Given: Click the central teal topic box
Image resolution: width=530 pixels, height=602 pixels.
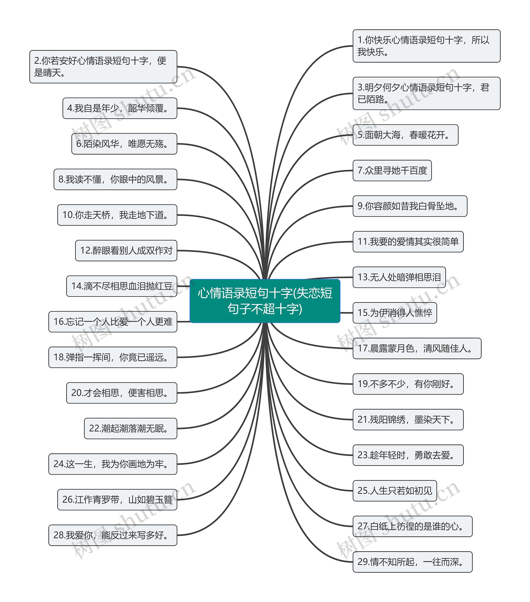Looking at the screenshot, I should pyautogui.click(x=265, y=301).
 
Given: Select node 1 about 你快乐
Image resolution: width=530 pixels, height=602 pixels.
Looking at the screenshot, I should pyautogui.click(x=426, y=46).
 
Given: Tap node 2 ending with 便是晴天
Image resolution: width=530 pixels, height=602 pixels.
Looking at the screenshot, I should pyautogui.click(x=103, y=67).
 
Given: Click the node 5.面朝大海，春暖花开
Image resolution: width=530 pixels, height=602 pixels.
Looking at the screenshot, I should pyautogui.click(x=405, y=135).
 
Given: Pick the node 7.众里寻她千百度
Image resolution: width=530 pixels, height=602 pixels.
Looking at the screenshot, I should pyautogui.click(x=392, y=171).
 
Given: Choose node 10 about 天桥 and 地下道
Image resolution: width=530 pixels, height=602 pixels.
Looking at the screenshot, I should pyautogui.click(x=117, y=215).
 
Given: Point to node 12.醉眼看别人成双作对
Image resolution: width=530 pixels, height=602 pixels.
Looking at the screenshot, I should pyautogui.click(x=126, y=251).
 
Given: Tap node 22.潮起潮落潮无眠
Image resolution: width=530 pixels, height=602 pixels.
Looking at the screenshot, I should pyautogui.click(x=130, y=429).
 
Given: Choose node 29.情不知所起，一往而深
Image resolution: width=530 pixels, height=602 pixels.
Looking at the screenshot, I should pyautogui.click(x=412, y=562).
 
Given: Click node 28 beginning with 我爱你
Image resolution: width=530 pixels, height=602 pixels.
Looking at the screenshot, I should pyautogui.click(x=113, y=535).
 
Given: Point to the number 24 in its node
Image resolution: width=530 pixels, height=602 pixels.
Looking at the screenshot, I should pyautogui.click(x=59, y=464).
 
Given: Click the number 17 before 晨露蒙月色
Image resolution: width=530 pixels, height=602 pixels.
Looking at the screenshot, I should pyautogui.click(x=363, y=348).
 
